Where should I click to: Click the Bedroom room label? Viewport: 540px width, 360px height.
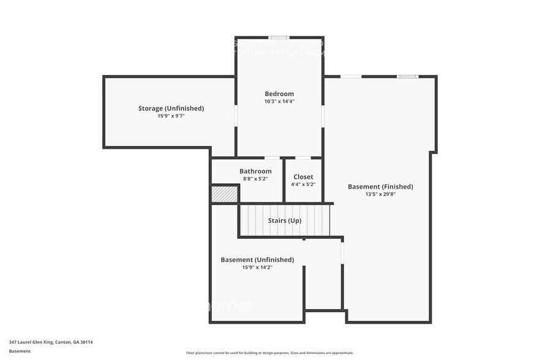coord(279,94)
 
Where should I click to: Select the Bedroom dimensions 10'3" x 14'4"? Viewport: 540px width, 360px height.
coord(279,101)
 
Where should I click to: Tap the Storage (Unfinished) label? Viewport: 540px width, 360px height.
coord(171,108)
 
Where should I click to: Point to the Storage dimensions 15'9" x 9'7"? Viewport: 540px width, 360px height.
coord(171,116)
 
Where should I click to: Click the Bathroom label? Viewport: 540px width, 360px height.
coord(255,171)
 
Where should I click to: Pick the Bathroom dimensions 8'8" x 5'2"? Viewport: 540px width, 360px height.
coord(255,179)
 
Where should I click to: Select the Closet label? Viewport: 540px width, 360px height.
coord(303,177)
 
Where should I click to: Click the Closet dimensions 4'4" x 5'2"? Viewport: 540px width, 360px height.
coord(303,184)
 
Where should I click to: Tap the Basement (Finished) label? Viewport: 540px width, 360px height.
coord(380,187)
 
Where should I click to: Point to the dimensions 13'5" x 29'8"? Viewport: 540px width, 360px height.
coord(380,194)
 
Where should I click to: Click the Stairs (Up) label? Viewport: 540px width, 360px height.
coord(285,220)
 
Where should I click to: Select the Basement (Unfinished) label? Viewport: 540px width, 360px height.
coord(257,260)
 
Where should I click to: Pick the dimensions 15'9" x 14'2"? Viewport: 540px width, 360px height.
coord(257,267)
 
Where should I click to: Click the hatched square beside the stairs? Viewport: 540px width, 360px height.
coord(224,194)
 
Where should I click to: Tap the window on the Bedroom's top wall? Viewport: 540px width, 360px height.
coord(280,37)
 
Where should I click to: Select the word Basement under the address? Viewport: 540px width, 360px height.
coord(20,351)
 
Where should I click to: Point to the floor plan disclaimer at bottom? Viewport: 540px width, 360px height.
coord(269,353)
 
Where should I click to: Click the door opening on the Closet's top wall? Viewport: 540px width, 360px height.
coord(303,158)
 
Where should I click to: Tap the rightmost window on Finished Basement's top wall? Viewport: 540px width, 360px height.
coord(407,77)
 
